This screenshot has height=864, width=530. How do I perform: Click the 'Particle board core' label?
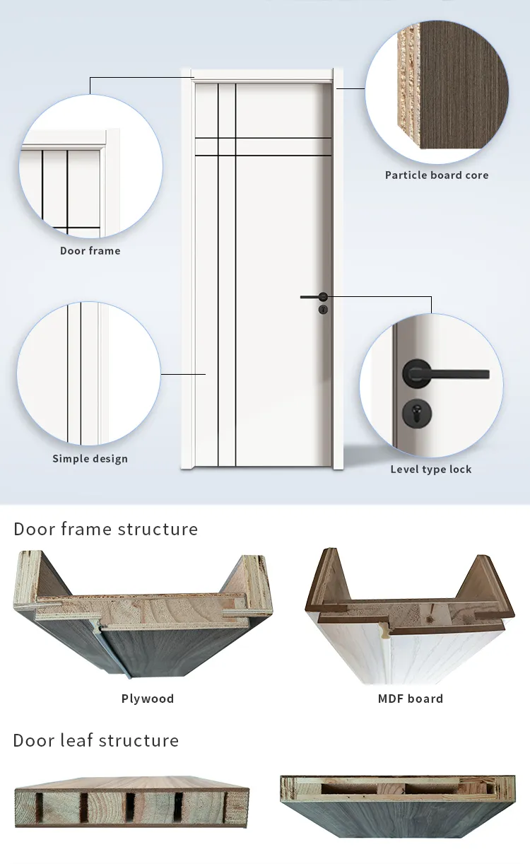pos(437,175)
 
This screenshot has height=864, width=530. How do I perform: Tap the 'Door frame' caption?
pos(90,251)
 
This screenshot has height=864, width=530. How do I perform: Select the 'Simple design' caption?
pos(90,459)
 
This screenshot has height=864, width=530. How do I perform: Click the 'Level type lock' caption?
pos(431,469)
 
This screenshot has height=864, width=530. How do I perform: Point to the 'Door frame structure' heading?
pos(105,529)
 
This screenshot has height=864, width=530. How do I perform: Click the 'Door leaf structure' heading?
pos(96,740)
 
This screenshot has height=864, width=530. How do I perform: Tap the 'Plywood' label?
pos(148,699)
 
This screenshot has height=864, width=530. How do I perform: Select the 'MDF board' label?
pos(411,699)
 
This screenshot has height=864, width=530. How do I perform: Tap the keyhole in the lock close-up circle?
pos(417,413)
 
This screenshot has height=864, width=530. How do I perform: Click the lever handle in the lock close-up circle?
pos(446,374)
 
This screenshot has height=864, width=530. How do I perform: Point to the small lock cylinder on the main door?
pos(323,310)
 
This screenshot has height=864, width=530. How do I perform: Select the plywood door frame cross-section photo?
pos(143,613)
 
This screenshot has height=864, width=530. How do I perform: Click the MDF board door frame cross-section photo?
pos(410,615)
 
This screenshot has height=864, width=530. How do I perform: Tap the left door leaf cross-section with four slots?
pos(132,802)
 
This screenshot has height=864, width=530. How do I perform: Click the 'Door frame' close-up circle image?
pos(91,166)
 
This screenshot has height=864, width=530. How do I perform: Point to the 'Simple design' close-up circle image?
pos(88,374)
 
